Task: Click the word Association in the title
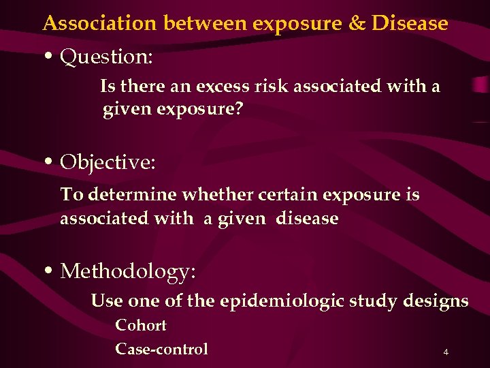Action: pos(100,24)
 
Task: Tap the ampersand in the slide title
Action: pos(357,24)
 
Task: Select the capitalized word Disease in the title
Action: pos(410,24)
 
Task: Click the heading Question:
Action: pos(107,57)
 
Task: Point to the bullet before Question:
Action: pos(51,57)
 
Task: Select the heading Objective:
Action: pos(108,162)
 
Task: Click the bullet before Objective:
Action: pos(51,162)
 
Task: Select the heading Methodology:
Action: pos(129,271)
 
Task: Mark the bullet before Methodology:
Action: pos(51,271)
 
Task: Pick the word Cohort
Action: pos(141,325)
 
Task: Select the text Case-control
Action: pos(161,349)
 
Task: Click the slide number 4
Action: pos(445,352)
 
